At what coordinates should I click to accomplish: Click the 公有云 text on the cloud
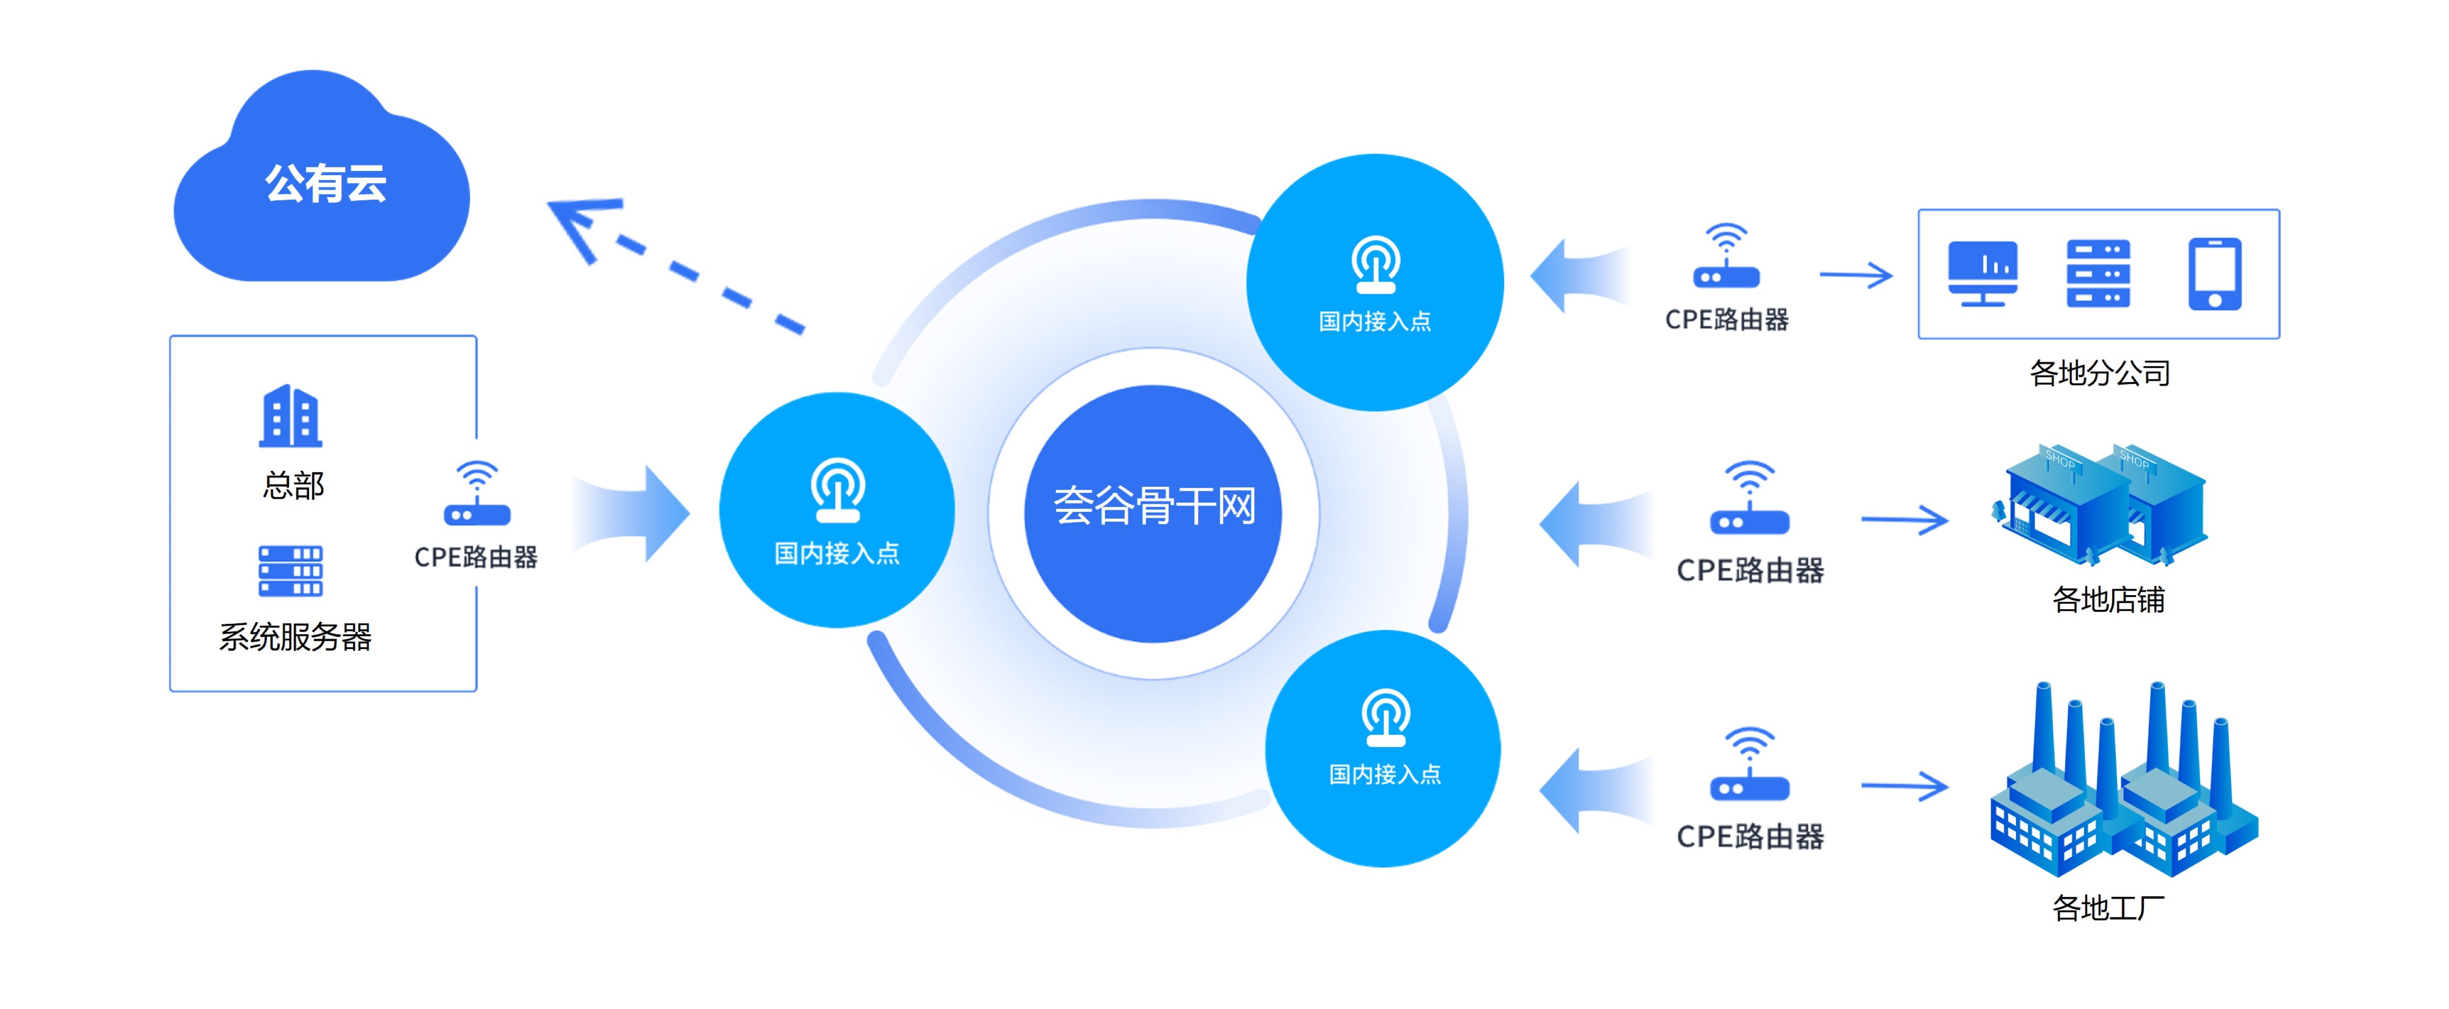(x=325, y=184)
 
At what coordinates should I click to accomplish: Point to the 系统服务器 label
(x=295, y=637)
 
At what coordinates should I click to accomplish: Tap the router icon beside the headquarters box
(x=476, y=495)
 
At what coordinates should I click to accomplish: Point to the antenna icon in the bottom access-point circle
(x=1385, y=718)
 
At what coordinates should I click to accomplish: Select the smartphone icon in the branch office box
(x=2214, y=274)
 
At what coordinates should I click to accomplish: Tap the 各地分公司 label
(x=2099, y=373)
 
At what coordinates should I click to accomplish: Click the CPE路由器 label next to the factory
(x=1749, y=837)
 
